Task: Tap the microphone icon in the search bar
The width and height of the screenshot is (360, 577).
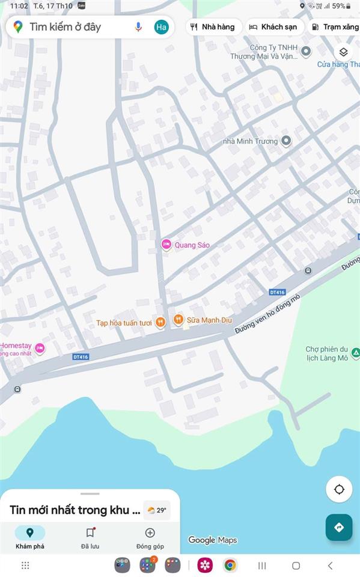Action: [138, 26]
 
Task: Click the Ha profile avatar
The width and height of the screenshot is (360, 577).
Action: [161, 26]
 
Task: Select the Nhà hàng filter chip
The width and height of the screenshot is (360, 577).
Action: [213, 27]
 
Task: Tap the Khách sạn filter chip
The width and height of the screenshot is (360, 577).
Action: [273, 27]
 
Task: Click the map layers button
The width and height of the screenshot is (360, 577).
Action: [343, 52]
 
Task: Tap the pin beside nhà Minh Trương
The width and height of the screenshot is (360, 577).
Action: [286, 141]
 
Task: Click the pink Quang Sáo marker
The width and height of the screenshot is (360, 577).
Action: [166, 245]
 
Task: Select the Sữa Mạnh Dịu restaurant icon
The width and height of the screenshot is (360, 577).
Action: [178, 320]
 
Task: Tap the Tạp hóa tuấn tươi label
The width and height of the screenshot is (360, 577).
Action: [124, 323]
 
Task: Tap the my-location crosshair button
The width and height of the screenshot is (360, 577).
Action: [339, 489]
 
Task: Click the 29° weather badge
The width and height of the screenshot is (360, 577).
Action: [157, 510]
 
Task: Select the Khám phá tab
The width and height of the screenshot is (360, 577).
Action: [29, 537]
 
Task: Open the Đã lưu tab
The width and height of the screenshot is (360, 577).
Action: [90, 537]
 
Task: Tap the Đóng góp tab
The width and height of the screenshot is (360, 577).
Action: [150, 537]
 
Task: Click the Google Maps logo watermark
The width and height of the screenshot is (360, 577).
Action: [213, 540]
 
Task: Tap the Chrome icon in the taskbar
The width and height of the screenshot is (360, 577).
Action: [230, 565]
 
